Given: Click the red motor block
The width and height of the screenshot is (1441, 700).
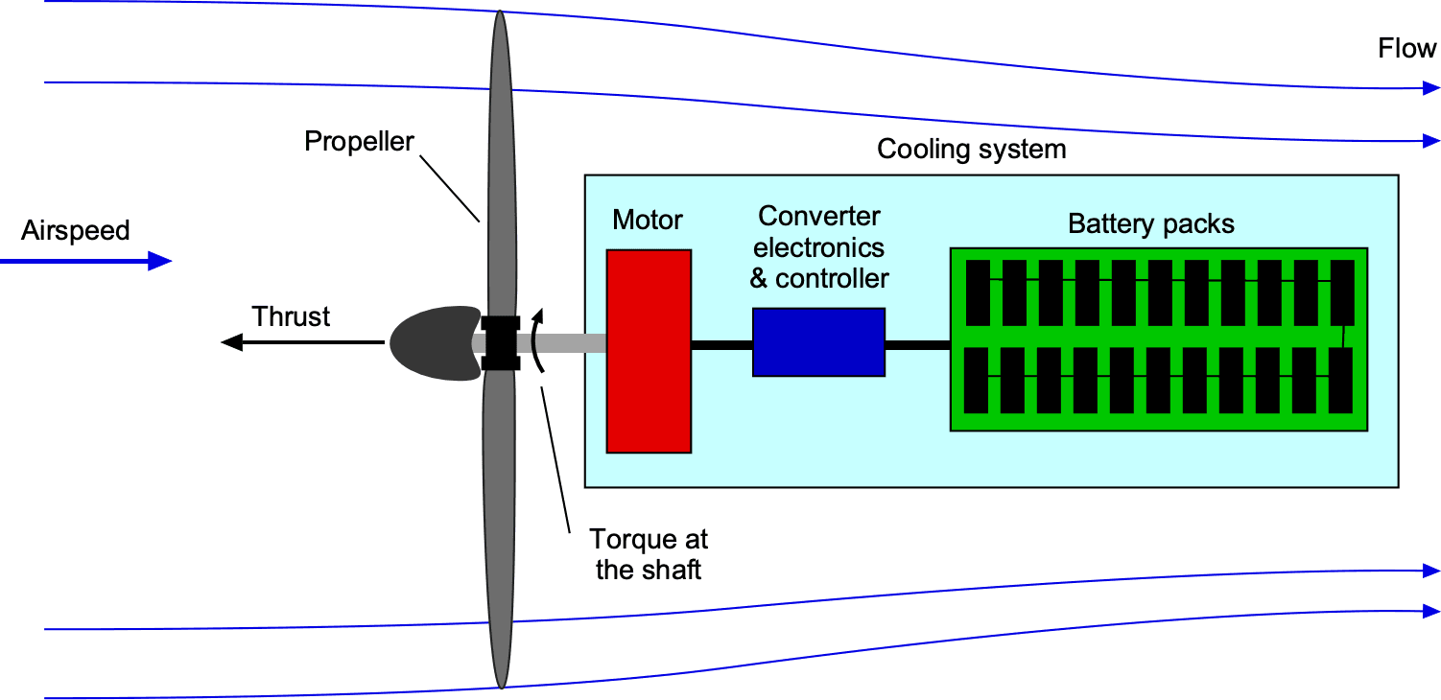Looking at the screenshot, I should click(x=649, y=351).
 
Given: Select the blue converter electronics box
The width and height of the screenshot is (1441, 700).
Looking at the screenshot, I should click(x=818, y=341).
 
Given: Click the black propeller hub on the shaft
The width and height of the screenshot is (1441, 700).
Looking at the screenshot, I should click(x=500, y=342).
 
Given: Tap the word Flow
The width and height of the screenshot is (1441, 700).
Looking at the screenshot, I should click(x=1406, y=49).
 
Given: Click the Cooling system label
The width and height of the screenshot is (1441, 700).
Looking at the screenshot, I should click(x=971, y=150).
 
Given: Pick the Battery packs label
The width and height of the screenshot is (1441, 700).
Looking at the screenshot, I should click(x=1151, y=224).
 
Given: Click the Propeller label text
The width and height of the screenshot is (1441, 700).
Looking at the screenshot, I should click(x=359, y=142).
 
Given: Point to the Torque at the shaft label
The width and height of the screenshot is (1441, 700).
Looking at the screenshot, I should click(x=649, y=553).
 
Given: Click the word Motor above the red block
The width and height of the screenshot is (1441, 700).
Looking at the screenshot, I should click(x=648, y=220).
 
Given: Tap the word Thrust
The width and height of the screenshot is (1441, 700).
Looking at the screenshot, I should click(x=291, y=316).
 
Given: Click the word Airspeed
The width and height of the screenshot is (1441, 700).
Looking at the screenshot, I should click(x=75, y=230).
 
